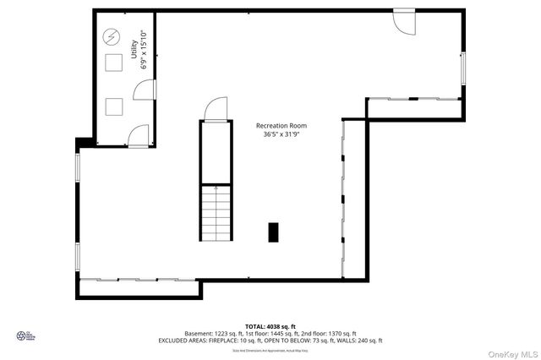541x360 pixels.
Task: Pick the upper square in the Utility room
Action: click(x=112, y=63)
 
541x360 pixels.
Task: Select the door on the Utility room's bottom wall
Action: click(x=139, y=134)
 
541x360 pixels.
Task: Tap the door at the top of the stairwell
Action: click(x=214, y=109)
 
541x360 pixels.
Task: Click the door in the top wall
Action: click(x=404, y=21)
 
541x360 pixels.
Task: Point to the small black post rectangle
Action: click(x=273, y=232)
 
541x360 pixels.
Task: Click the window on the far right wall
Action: click(x=463, y=68)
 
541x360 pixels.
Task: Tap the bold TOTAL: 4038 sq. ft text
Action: click(x=270, y=325)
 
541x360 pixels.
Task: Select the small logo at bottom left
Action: click(x=25, y=335)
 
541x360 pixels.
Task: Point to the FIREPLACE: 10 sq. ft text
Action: click(x=252, y=341)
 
